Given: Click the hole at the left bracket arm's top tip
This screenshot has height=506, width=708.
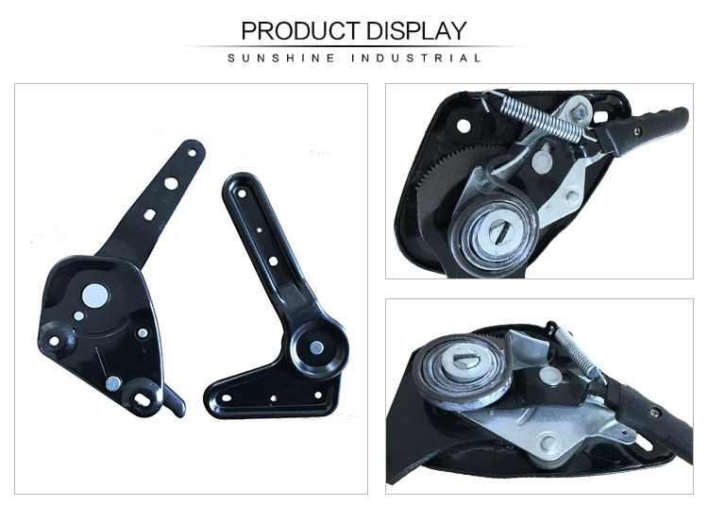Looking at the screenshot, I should (194, 150).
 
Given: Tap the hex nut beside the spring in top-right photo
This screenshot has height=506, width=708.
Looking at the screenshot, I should (573, 112).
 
